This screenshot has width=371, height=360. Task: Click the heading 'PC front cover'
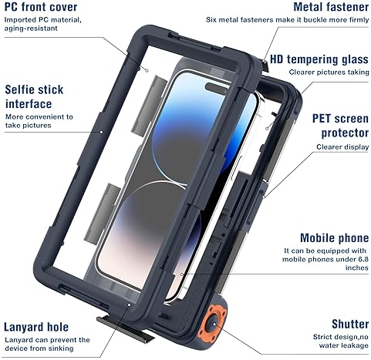click(x=41, y=7)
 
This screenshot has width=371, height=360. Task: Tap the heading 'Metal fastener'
click(x=331, y=7)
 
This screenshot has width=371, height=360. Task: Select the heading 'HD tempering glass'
click(x=319, y=59)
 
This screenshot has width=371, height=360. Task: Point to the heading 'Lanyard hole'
click(x=36, y=327)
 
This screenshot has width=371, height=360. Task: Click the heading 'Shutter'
click(x=350, y=324)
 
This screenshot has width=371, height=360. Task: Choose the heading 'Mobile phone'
click(x=334, y=238)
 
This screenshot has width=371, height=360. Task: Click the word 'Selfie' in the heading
click(x=19, y=89)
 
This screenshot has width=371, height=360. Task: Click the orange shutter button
click(x=214, y=324)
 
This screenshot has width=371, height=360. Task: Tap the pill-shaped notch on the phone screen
click(x=218, y=89)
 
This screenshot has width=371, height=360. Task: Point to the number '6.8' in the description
click(x=363, y=259)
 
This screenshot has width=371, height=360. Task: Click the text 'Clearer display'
click(x=342, y=147)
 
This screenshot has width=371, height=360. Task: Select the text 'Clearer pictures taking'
click(x=329, y=72)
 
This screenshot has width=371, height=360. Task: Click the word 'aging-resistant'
click(x=31, y=29)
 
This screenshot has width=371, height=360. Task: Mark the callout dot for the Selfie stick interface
click(x=101, y=132)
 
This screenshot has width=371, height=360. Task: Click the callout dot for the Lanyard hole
click(x=130, y=304)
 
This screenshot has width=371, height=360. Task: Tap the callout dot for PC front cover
click(x=147, y=70)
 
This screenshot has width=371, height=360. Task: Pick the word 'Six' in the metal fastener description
click(x=211, y=20)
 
